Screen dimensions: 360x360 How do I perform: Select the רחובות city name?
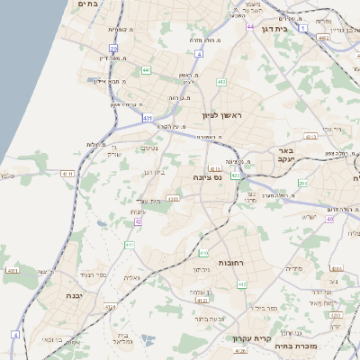pyautogui.click(x=206, y=262)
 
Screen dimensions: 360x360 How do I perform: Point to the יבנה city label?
pyautogui.click(x=74, y=294)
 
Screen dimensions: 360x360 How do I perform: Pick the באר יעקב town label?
pyautogui.click(x=286, y=155)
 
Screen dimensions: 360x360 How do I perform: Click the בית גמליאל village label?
pyautogui.click(x=123, y=338)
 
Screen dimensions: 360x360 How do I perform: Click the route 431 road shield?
pyautogui.click(x=147, y=117)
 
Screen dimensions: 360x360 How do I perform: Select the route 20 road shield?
pyautogui.click(x=113, y=48)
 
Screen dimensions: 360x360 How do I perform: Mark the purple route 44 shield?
pyautogui.click(x=250, y=27)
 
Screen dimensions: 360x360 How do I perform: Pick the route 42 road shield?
pyautogui.click(x=139, y=220)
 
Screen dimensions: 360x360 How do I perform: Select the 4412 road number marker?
pyautogui.click(x=111, y=307)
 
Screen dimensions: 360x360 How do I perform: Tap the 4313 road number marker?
pyautogui.click(x=310, y=137)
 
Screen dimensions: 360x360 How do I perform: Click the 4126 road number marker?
pyautogui.click(x=240, y=352)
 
